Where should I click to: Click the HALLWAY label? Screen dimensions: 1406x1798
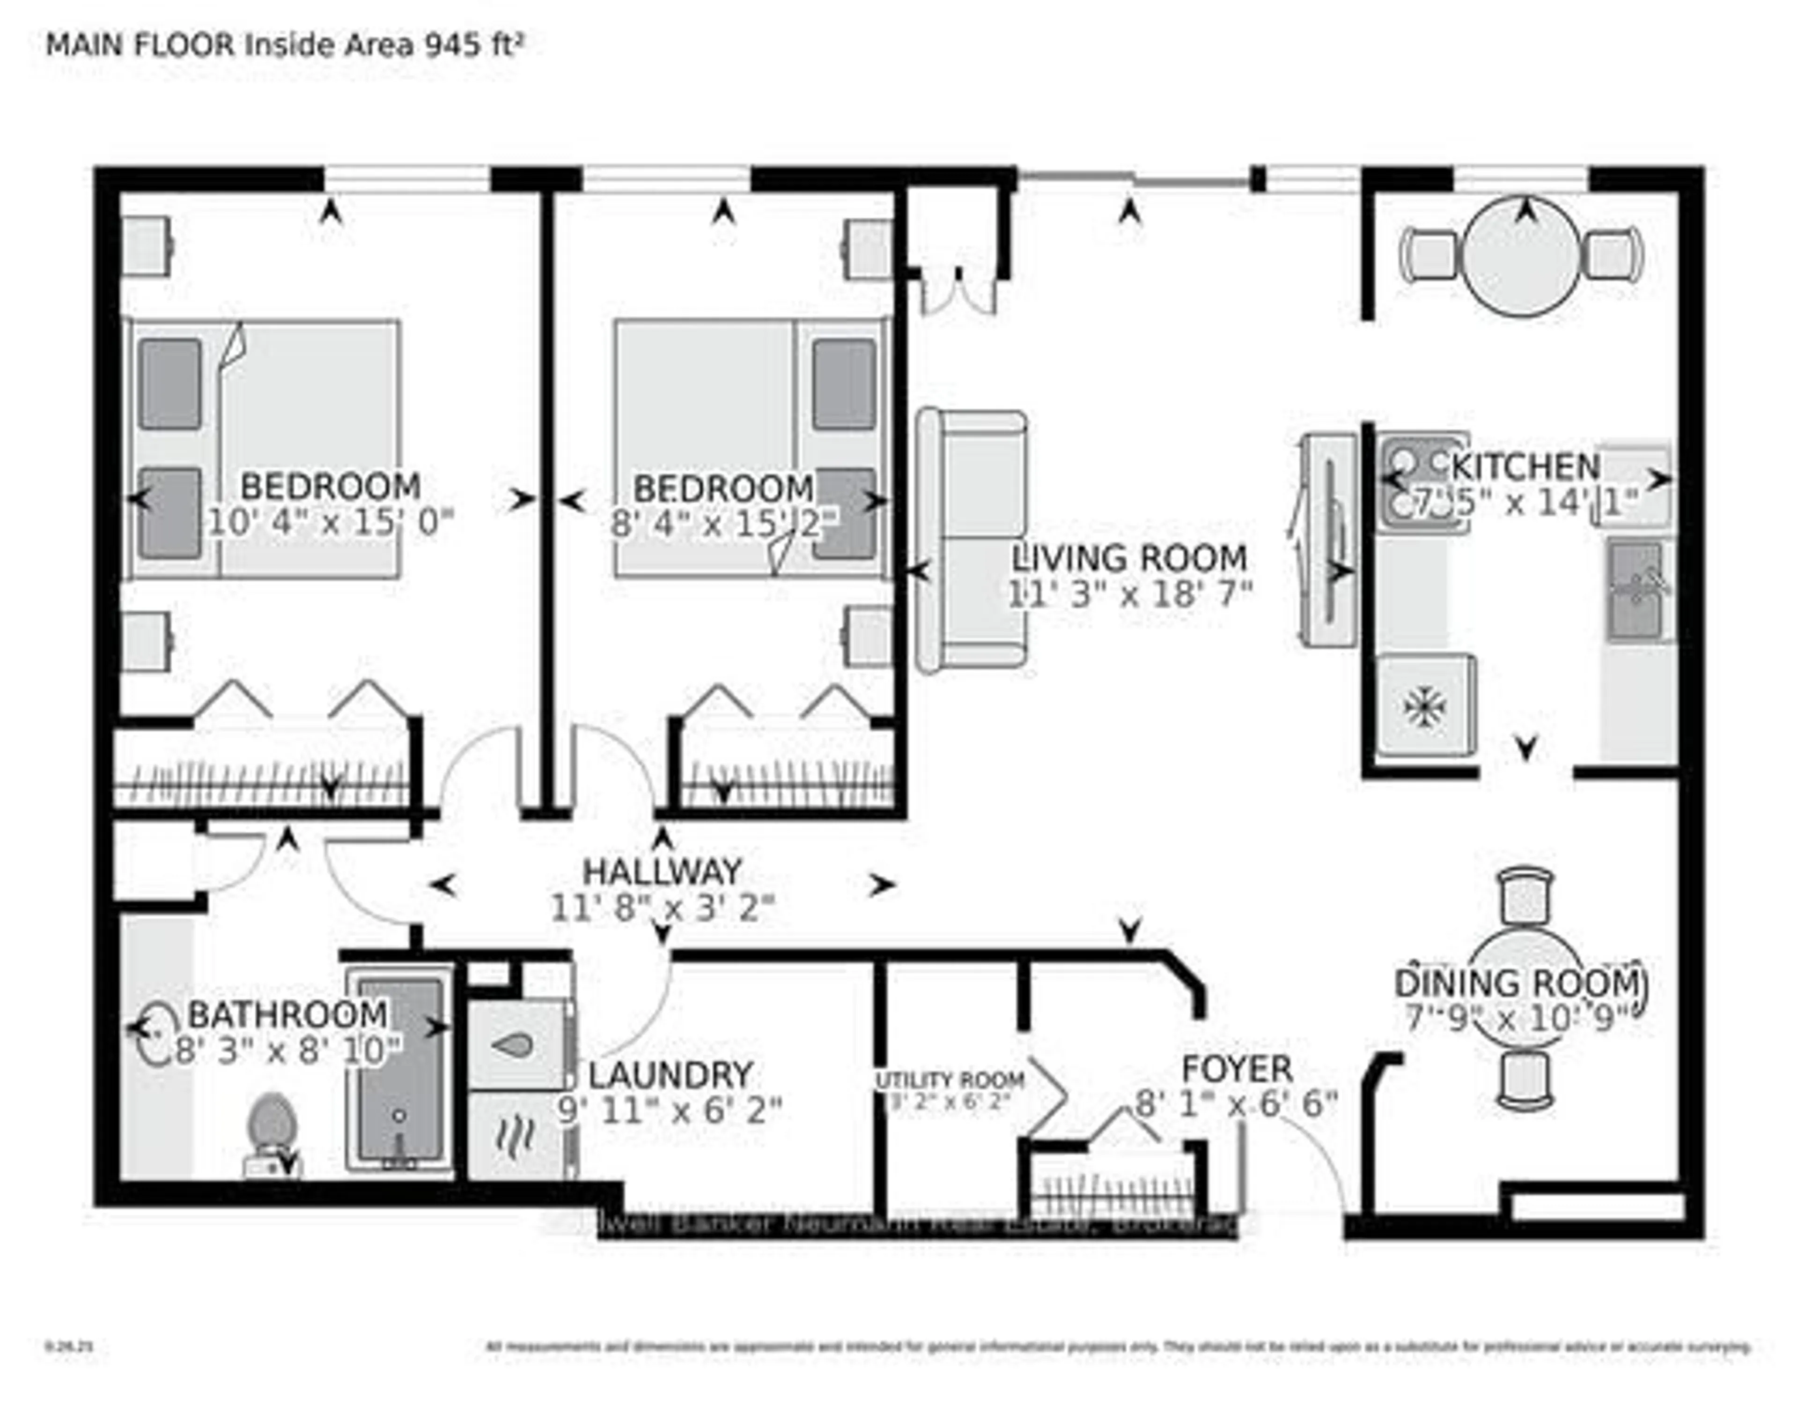click(x=662, y=872)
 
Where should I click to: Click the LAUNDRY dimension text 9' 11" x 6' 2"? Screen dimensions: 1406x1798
click(x=669, y=1111)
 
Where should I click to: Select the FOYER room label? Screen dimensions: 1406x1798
click(x=1237, y=1070)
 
